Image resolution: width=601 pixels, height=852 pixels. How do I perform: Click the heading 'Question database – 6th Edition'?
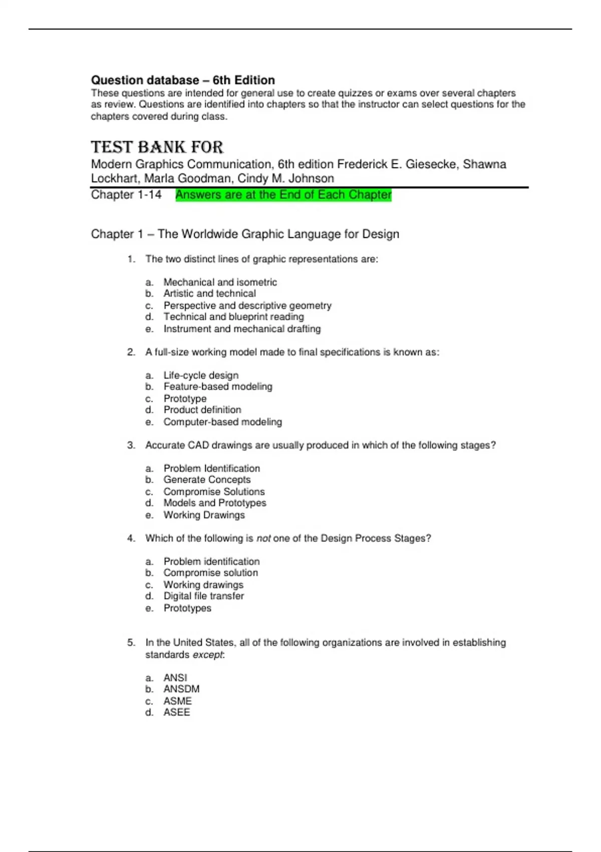point(183,80)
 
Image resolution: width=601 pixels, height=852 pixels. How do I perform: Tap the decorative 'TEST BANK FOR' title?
point(157,147)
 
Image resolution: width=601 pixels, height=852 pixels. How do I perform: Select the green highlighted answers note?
point(283,195)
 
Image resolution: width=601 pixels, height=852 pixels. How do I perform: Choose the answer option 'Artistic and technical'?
point(209,294)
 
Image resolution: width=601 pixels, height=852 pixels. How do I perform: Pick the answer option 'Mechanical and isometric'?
point(220,282)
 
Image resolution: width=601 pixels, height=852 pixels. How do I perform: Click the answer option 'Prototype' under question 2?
point(185,399)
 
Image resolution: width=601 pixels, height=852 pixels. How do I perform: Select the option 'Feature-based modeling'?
point(218,386)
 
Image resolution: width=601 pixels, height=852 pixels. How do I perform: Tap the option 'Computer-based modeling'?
point(222,422)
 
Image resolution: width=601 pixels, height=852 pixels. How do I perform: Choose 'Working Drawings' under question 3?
point(204,515)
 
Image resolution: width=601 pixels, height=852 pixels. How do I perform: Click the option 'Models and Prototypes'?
point(215,503)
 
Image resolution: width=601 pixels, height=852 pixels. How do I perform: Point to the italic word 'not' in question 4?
point(263,538)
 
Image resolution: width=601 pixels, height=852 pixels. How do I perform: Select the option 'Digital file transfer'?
point(203,596)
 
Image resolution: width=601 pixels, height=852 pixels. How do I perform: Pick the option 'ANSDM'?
point(181,689)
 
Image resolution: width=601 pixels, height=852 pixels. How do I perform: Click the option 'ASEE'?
point(177,712)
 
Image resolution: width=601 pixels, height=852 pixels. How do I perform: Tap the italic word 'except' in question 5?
point(208,655)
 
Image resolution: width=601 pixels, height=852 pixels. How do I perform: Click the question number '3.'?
point(131,445)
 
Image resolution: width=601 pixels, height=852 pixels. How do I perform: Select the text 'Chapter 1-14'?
point(126,195)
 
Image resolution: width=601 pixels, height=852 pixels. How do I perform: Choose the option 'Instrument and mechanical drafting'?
point(242,329)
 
